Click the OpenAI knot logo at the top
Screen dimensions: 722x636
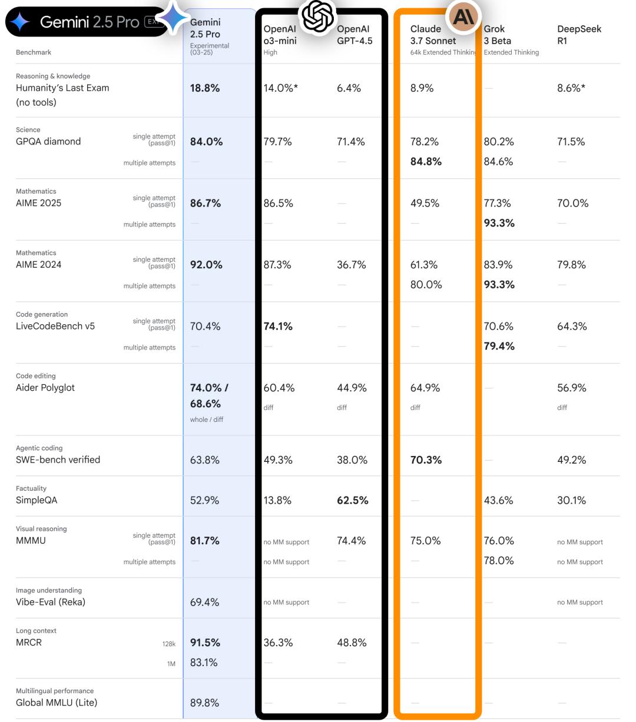317,16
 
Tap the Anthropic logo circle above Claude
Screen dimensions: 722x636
463,16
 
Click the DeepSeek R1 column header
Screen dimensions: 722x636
579,35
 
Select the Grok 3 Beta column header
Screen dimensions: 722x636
498,35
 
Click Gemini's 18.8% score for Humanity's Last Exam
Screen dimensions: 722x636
205,88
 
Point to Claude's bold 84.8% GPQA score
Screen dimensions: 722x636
426,161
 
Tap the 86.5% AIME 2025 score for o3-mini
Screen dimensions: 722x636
278,203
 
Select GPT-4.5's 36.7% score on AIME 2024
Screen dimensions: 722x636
352,265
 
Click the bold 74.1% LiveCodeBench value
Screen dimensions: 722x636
278,326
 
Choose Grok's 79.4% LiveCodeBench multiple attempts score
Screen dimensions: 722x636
499,346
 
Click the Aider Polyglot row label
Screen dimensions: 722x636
45,388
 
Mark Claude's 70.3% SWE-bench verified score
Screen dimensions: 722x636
426,460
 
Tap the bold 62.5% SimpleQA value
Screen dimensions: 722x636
352,500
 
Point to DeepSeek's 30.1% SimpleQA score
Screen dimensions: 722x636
571,500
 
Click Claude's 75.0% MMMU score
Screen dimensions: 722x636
425,541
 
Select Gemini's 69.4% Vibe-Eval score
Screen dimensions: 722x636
204,602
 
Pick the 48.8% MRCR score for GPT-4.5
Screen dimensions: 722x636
352,643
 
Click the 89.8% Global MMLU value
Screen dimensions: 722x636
204,703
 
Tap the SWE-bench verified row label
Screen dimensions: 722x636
58,460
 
